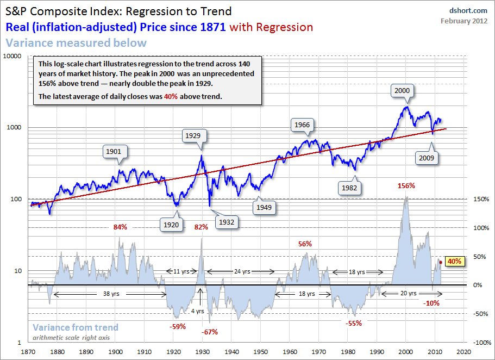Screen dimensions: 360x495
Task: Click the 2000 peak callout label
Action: coord(403,90)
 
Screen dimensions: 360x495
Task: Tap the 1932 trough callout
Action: coord(227,221)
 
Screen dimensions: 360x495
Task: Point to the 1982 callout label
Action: coord(347,187)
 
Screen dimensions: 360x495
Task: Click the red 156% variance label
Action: coord(406,185)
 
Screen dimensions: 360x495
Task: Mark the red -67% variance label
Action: coord(210,332)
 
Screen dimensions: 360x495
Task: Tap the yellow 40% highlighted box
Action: coord(455,261)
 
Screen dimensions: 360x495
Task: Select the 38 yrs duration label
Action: coord(109,294)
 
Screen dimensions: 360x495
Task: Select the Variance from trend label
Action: coord(75,327)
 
